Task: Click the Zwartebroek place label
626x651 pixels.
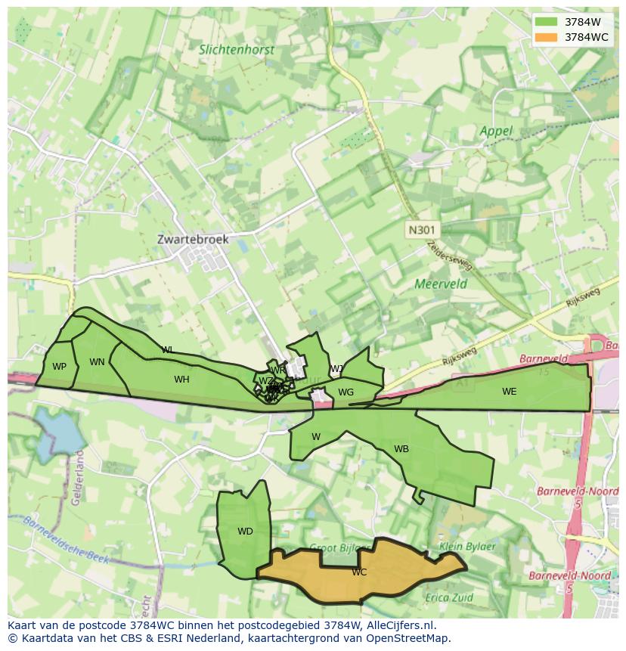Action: click(x=193, y=239)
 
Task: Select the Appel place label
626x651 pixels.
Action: click(x=496, y=131)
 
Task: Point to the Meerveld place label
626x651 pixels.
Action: click(x=441, y=284)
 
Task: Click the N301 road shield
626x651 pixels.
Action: click(x=423, y=230)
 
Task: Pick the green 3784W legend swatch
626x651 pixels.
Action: click(x=545, y=22)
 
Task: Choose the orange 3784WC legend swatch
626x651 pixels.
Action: click(x=545, y=37)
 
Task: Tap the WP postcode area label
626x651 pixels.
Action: click(x=59, y=367)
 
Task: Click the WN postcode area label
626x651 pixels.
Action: click(x=97, y=362)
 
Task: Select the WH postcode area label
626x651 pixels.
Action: click(x=181, y=380)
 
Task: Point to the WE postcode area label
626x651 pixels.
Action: click(x=510, y=392)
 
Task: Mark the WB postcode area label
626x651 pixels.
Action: click(x=401, y=449)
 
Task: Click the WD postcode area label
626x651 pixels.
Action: click(x=245, y=532)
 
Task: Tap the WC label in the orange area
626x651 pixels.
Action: click(x=359, y=572)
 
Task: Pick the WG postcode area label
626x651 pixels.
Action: click(x=346, y=392)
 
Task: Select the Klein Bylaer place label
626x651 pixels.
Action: click(x=467, y=546)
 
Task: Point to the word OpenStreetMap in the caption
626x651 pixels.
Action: click(x=408, y=638)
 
